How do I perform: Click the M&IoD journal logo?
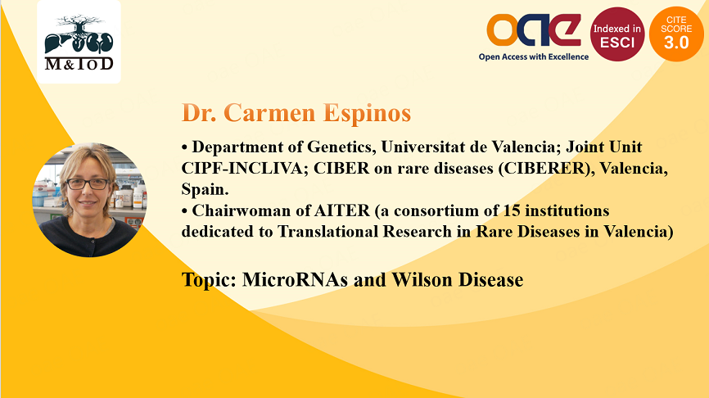(x=79, y=42)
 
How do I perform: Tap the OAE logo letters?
(x=534, y=29)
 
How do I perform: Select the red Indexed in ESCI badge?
(x=617, y=34)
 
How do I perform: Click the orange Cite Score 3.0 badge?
(x=676, y=34)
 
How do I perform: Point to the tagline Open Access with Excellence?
(x=534, y=57)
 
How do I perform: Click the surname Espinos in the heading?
(x=367, y=113)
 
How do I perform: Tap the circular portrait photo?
(x=89, y=200)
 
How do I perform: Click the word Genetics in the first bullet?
(x=341, y=147)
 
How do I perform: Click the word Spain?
(x=205, y=189)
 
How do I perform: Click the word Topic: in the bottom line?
(x=210, y=280)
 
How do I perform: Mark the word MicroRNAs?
(x=295, y=280)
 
